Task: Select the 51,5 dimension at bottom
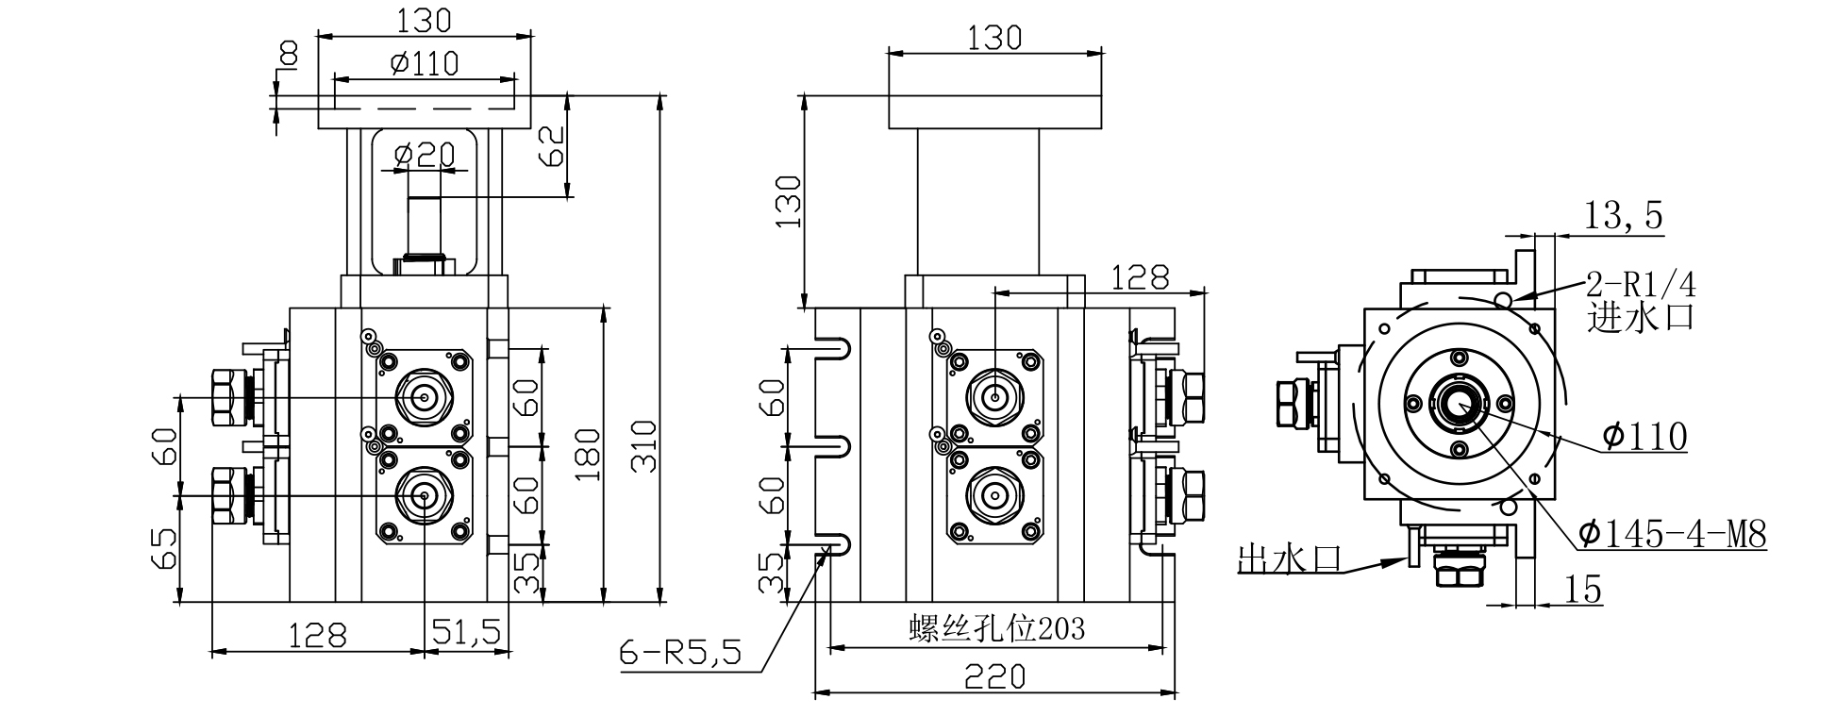click(x=466, y=632)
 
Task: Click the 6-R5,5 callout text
click(x=680, y=652)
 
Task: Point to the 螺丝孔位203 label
click(x=996, y=628)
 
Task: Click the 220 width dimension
click(x=994, y=676)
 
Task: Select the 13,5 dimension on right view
click(x=1623, y=216)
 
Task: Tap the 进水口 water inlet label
click(x=1640, y=316)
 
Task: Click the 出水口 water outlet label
click(x=1289, y=558)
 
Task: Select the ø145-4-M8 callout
click(x=1671, y=535)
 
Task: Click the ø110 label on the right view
click(x=1644, y=436)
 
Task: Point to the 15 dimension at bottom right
click(x=1583, y=590)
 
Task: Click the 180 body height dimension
click(x=588, y=454)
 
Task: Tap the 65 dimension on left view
click(x=164, y=550)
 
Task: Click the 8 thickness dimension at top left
click(x=287, y=57)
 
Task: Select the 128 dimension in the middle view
click(x=1139, y=276)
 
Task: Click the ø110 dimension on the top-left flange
click(x=424, y=63)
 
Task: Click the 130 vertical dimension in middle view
click(x=787, y=201)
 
